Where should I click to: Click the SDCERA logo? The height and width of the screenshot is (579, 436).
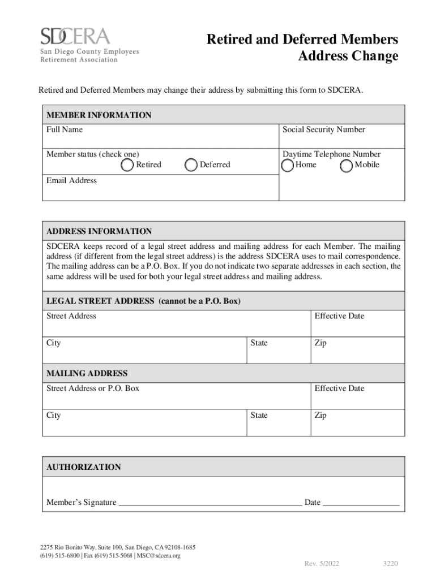coord(89,45)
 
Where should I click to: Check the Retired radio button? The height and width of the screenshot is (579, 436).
coord(128,165)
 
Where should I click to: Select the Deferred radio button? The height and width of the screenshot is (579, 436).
coord(192,165)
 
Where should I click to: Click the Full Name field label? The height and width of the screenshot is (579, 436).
coord(65,129)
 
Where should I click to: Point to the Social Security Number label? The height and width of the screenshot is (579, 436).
coord(324,129)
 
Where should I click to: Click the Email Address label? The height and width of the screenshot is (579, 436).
coord(71,180)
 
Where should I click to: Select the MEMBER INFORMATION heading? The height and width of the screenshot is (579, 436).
coord(99,115)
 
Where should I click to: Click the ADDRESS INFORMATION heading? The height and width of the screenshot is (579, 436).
coord(99,231)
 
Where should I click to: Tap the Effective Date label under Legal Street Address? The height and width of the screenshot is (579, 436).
coord(339,316)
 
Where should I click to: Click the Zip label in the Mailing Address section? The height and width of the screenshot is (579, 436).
coord(320,415)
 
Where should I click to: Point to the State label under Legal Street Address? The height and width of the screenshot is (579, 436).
coord(259,343)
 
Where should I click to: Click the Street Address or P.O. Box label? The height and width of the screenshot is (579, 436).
coord(93,388)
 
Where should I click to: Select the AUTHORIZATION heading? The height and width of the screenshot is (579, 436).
coord(84,467)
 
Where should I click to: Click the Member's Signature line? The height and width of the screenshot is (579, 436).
coord(210,502)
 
